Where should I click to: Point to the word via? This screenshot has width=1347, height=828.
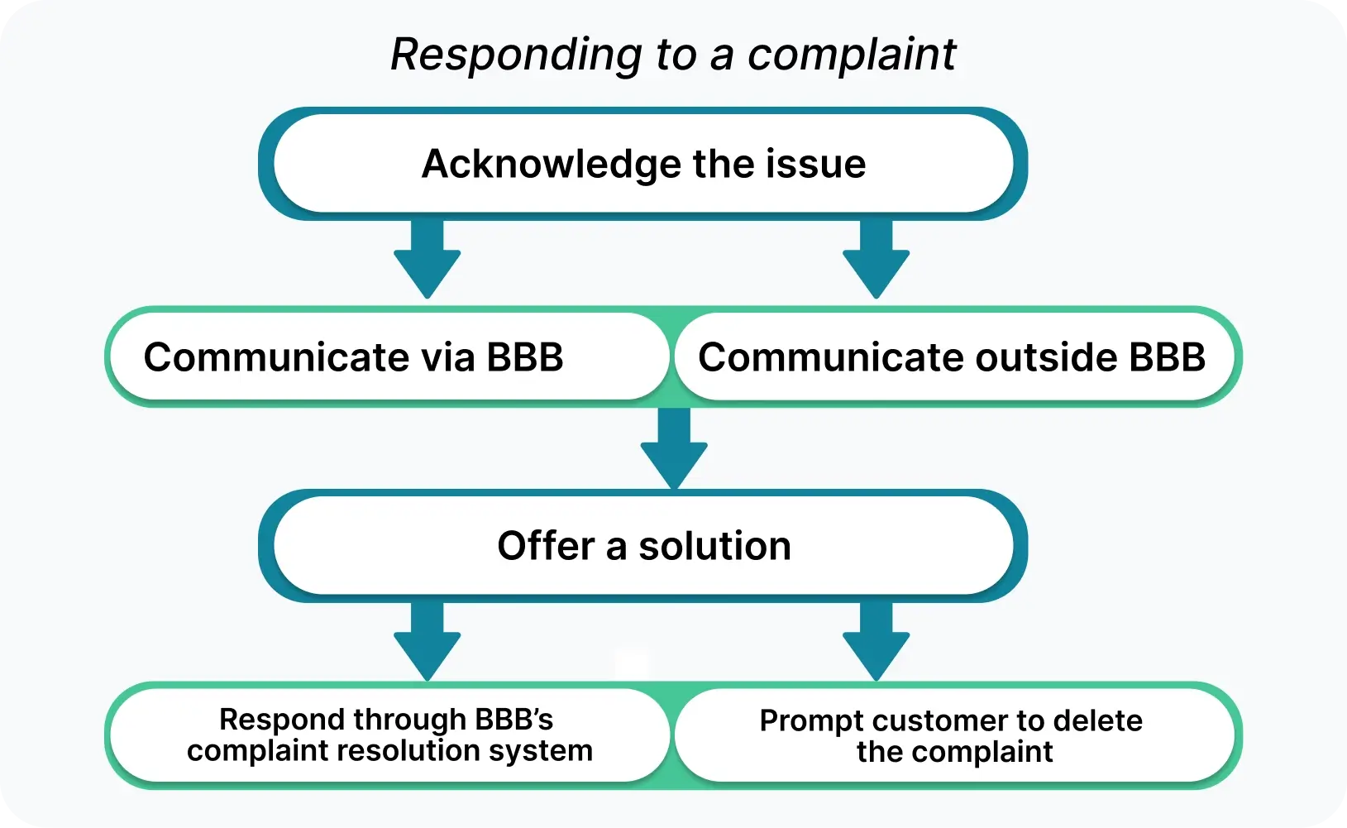447,357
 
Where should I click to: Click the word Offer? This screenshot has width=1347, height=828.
546,546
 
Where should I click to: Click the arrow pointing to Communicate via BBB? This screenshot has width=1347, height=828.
427,261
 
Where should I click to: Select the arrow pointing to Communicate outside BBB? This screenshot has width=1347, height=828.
876,261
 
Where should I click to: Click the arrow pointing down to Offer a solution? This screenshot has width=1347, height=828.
674,451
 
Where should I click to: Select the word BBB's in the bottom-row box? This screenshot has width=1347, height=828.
513,720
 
